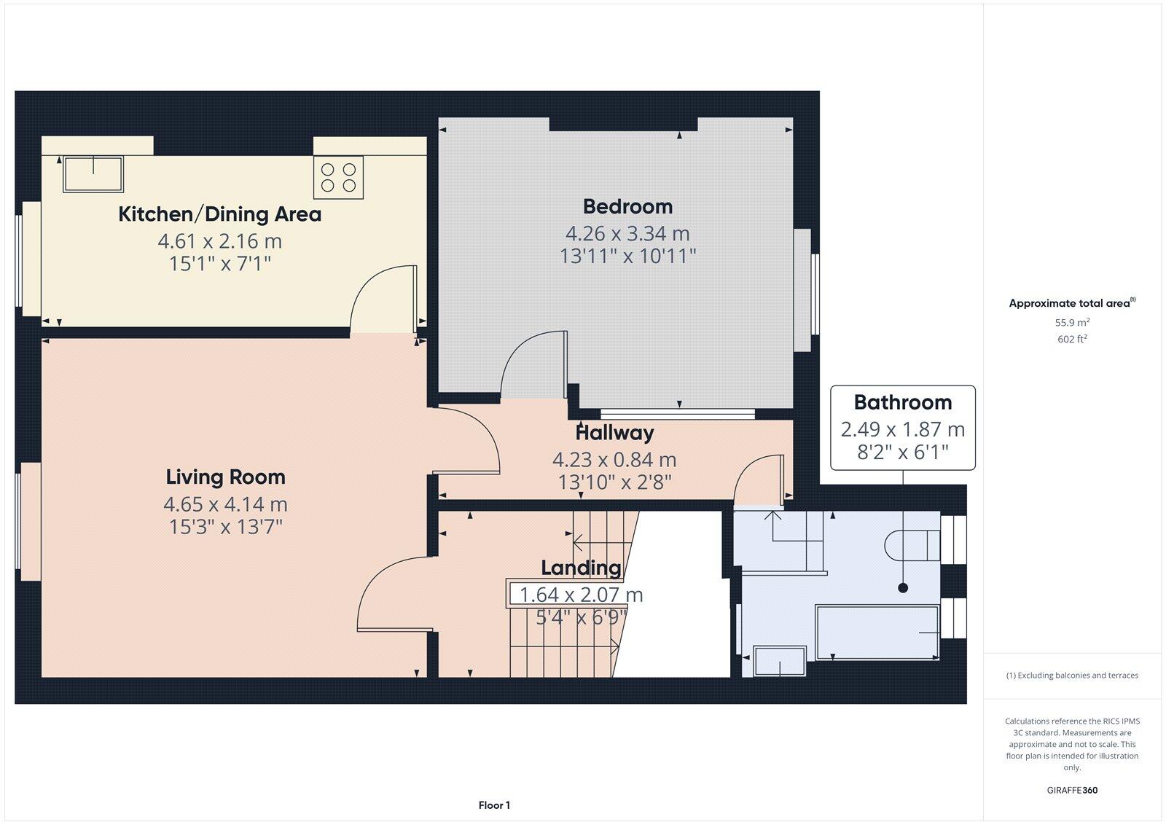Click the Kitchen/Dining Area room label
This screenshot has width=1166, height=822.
[219, 214]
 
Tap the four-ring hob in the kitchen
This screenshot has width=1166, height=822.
[338, 177]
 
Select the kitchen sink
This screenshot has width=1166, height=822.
[93, 173]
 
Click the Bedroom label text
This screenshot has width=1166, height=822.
[627, 206]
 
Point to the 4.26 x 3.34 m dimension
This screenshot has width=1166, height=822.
[627, 233]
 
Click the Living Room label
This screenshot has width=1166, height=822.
[225, 477]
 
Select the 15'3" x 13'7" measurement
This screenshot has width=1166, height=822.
[225, 526]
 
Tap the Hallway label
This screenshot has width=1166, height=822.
[614, 433]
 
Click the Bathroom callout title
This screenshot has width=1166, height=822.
[902, 402]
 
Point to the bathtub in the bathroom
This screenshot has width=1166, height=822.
[877, 632]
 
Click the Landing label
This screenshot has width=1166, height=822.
[581, 568]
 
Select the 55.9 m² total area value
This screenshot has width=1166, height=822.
[1072, 322]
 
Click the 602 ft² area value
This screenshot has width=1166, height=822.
[1072, 339]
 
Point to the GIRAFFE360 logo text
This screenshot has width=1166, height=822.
[1072, 790]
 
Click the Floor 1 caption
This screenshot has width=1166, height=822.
[494, 805]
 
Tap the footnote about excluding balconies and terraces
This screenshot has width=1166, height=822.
[1072, 676]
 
